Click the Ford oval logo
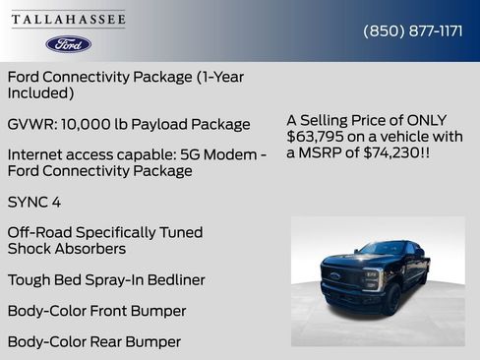[68, 43]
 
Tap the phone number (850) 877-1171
[413, 30]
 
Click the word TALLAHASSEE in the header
[69, 20]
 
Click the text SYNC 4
[32, 202]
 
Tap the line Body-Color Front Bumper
[96, 311]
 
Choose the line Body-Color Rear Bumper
[94, 342]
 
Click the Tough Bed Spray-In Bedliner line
[106, 280]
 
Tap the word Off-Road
[39, 233]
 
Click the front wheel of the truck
[391, 299]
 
